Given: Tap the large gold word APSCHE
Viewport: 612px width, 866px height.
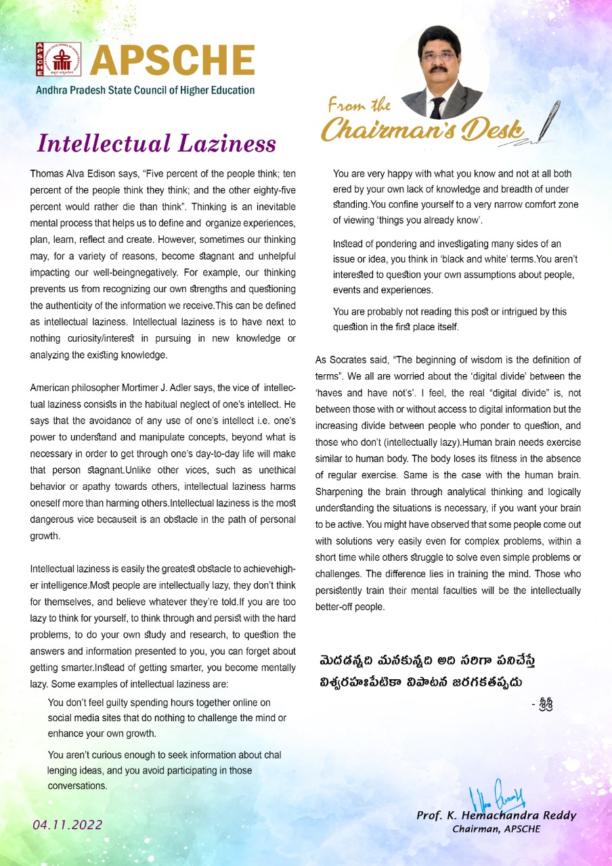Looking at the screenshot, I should pyautogui.click(x=173, y=61).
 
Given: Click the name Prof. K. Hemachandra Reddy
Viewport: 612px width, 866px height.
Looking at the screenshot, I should pyautogui.click(x=496, y=815).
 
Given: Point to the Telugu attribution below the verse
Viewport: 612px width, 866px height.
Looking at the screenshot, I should pyautogui.click(x=544, y=704).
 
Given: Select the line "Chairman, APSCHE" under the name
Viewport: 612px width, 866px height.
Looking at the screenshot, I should pyautogui.click(x=496, y=829).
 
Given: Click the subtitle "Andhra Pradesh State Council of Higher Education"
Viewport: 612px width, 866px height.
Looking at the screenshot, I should pyautogui.click(x=145, y=90).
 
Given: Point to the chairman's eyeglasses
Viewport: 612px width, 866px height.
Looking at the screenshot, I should pyautogui.click(x=439, y=58).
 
